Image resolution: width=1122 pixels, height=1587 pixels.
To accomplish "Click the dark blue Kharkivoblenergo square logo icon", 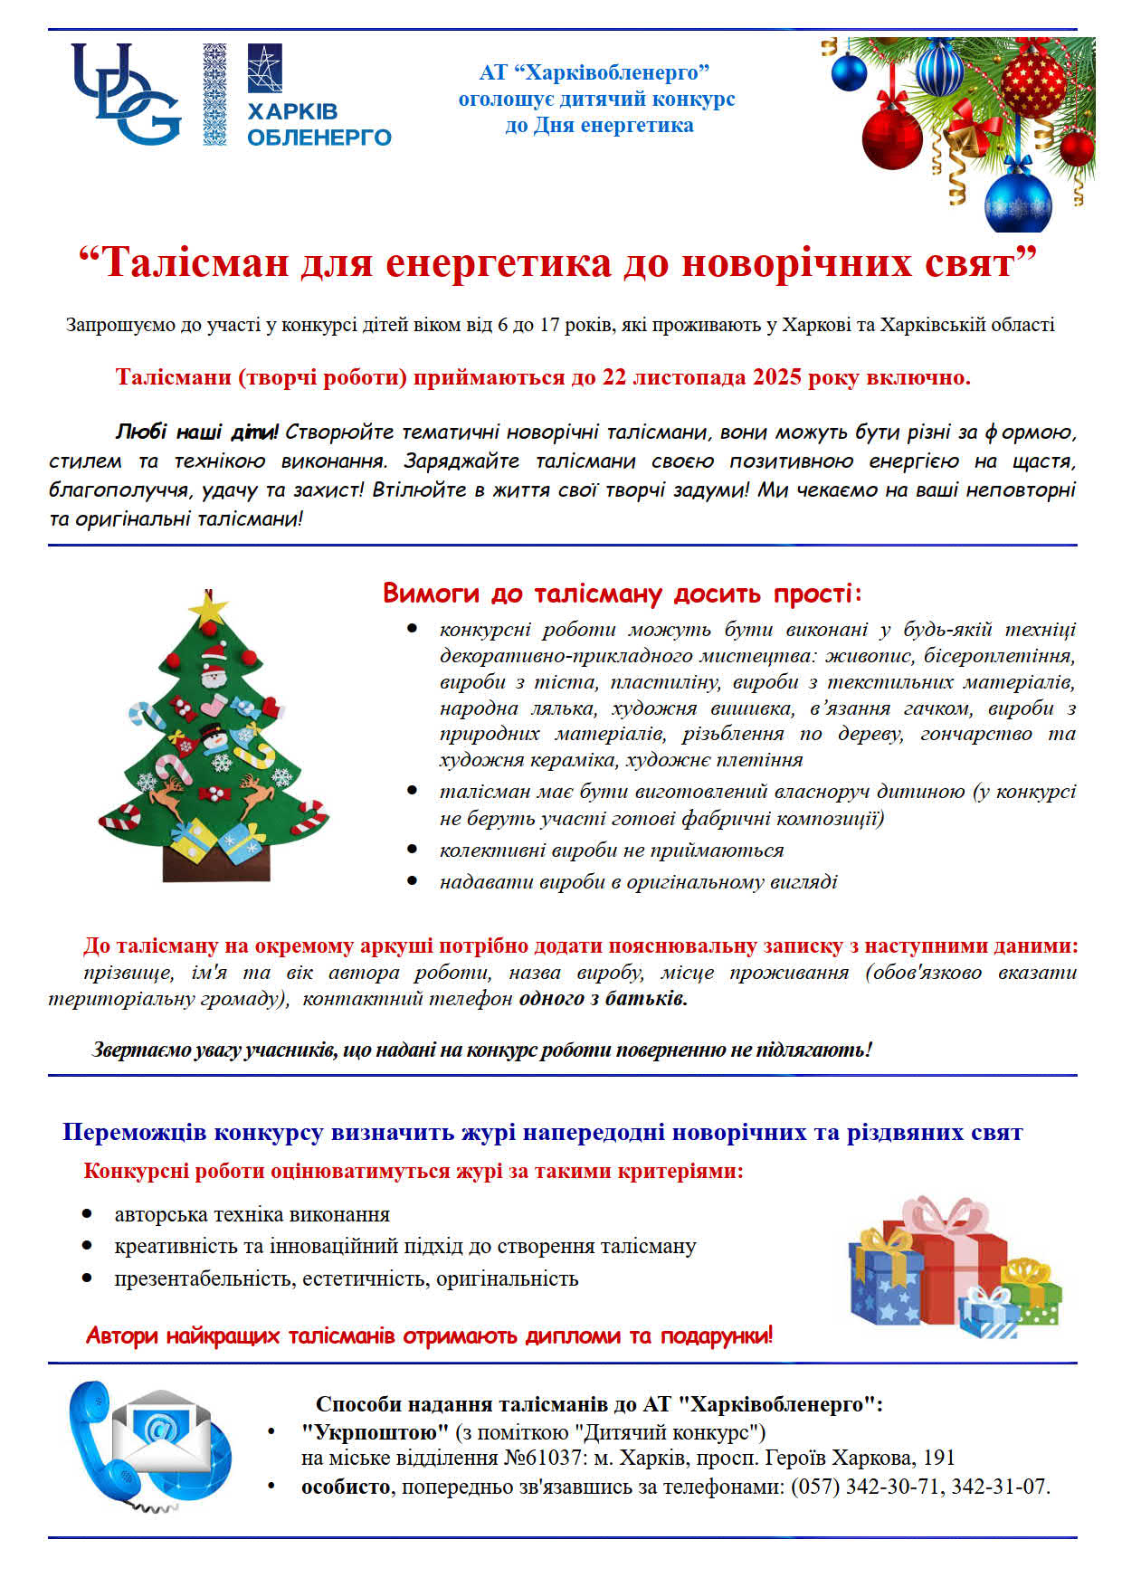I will tap(264, 69).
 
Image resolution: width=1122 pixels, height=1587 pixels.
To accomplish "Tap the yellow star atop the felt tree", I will tap(210, 608).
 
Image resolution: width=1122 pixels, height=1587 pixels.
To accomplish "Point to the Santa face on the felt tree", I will tap(213, 674).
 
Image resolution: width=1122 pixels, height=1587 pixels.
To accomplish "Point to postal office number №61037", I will tap(541, 1459).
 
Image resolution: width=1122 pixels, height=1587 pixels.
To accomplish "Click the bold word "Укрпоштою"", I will tap(375, 1432).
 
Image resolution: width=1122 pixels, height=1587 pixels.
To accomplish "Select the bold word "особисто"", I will tap(346, 1487).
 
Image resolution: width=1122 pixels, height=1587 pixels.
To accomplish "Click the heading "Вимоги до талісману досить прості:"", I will tap(623, 594).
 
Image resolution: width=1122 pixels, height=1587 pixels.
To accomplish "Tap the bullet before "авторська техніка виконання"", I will tap(87, 1214).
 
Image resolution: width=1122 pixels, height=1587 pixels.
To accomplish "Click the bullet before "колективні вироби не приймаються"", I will tap(413, 850).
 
